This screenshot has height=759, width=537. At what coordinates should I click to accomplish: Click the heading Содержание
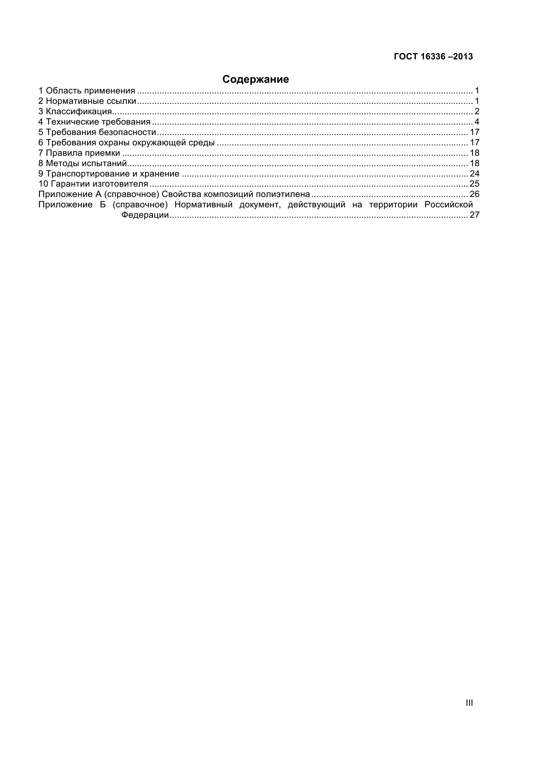pos(255,79)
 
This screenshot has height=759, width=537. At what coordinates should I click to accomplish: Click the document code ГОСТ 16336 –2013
pos(433,56)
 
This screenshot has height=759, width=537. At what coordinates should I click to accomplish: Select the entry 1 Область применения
pos(87,91)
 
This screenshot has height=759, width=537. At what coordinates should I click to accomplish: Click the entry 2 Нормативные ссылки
pos(87,101)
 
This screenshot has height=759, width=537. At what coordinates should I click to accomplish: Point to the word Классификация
pos(79,111)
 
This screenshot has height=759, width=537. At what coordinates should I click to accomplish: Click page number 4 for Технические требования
pos(477,122)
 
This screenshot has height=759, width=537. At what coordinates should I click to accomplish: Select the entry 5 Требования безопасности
pos(97,132)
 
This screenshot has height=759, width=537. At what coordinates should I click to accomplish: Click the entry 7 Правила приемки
pos(79,153)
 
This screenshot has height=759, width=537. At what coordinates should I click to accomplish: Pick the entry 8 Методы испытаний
pos(83,163)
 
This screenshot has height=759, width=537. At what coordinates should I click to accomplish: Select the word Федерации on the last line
pos(145,215)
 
